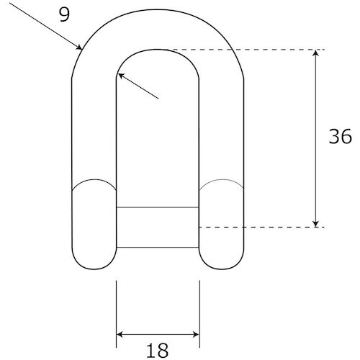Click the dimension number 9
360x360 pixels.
point(65,15)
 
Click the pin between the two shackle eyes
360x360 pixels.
point(158,227)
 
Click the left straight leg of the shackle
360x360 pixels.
point(94,130)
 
